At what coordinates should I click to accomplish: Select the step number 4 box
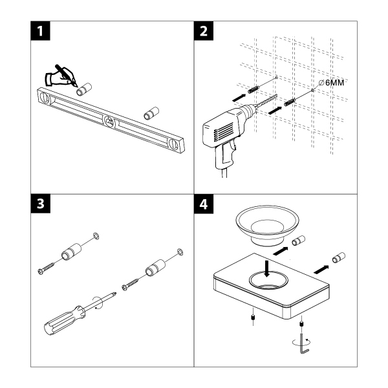click(x=206, y=204)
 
